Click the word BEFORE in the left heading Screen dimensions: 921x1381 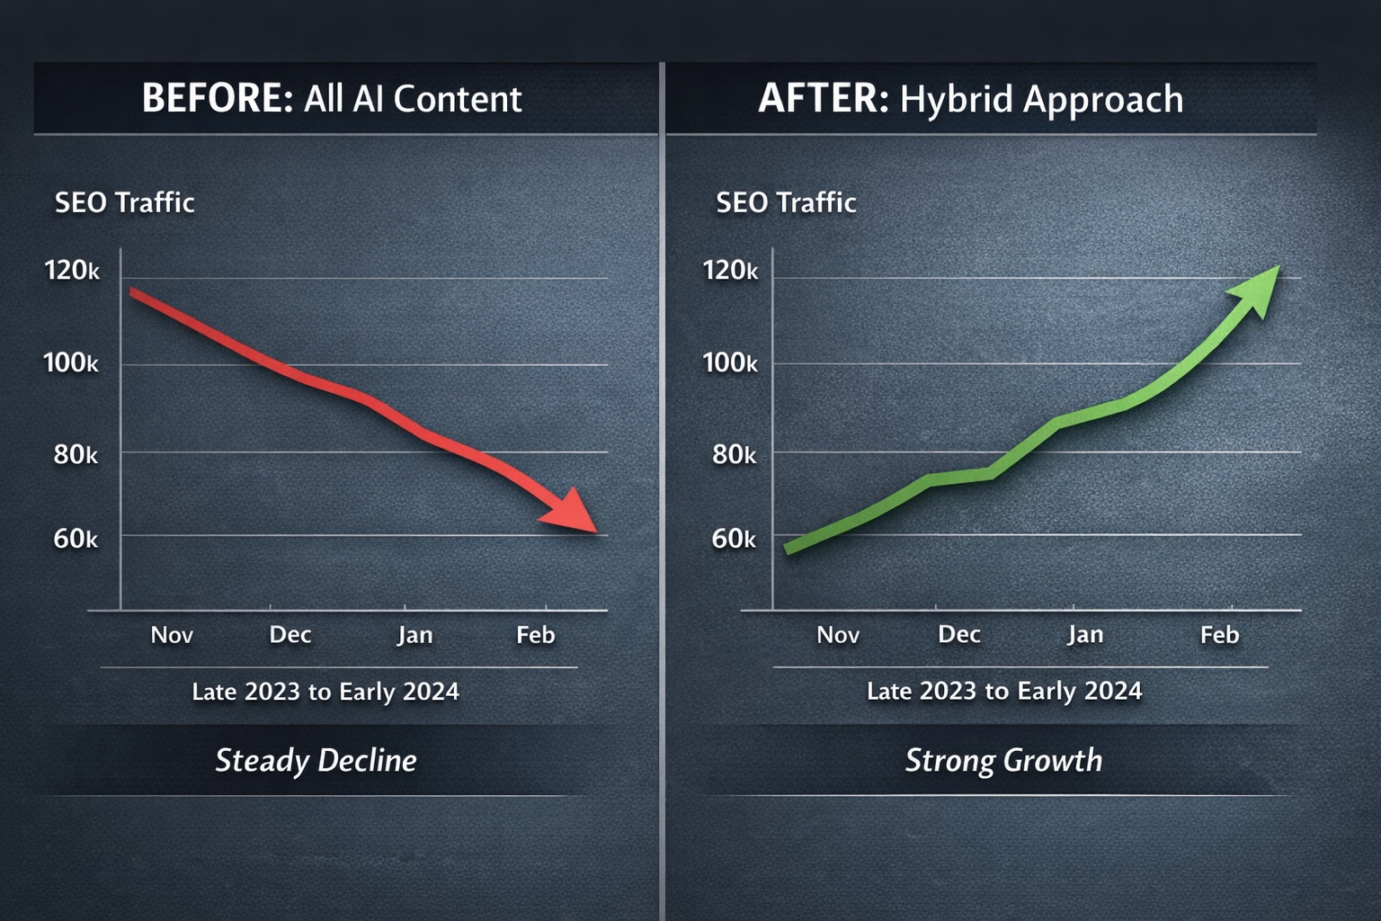pos(217,98)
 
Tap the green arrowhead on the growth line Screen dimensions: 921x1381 pos(1256,289)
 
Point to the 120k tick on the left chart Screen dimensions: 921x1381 pos(72,270)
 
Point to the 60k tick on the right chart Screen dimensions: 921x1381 pos(734,539)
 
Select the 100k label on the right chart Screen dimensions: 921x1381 pos(729,362)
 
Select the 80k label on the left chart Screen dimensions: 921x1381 pos(76,454)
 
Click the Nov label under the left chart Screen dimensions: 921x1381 pos(172,635)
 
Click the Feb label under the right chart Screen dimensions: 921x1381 pos(1219,635)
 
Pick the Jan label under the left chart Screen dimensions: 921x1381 pos(415,635)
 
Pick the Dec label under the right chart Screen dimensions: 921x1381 pos(958,635)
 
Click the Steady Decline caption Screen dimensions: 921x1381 pos(316,761)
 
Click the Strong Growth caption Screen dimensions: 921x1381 pos(1003,761)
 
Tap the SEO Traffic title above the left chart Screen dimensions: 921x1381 pos(124,202)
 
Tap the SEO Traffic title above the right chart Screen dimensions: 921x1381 pos(786,202)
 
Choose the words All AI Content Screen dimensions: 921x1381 pos(413,99)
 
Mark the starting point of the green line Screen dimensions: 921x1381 pos(788,549)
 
